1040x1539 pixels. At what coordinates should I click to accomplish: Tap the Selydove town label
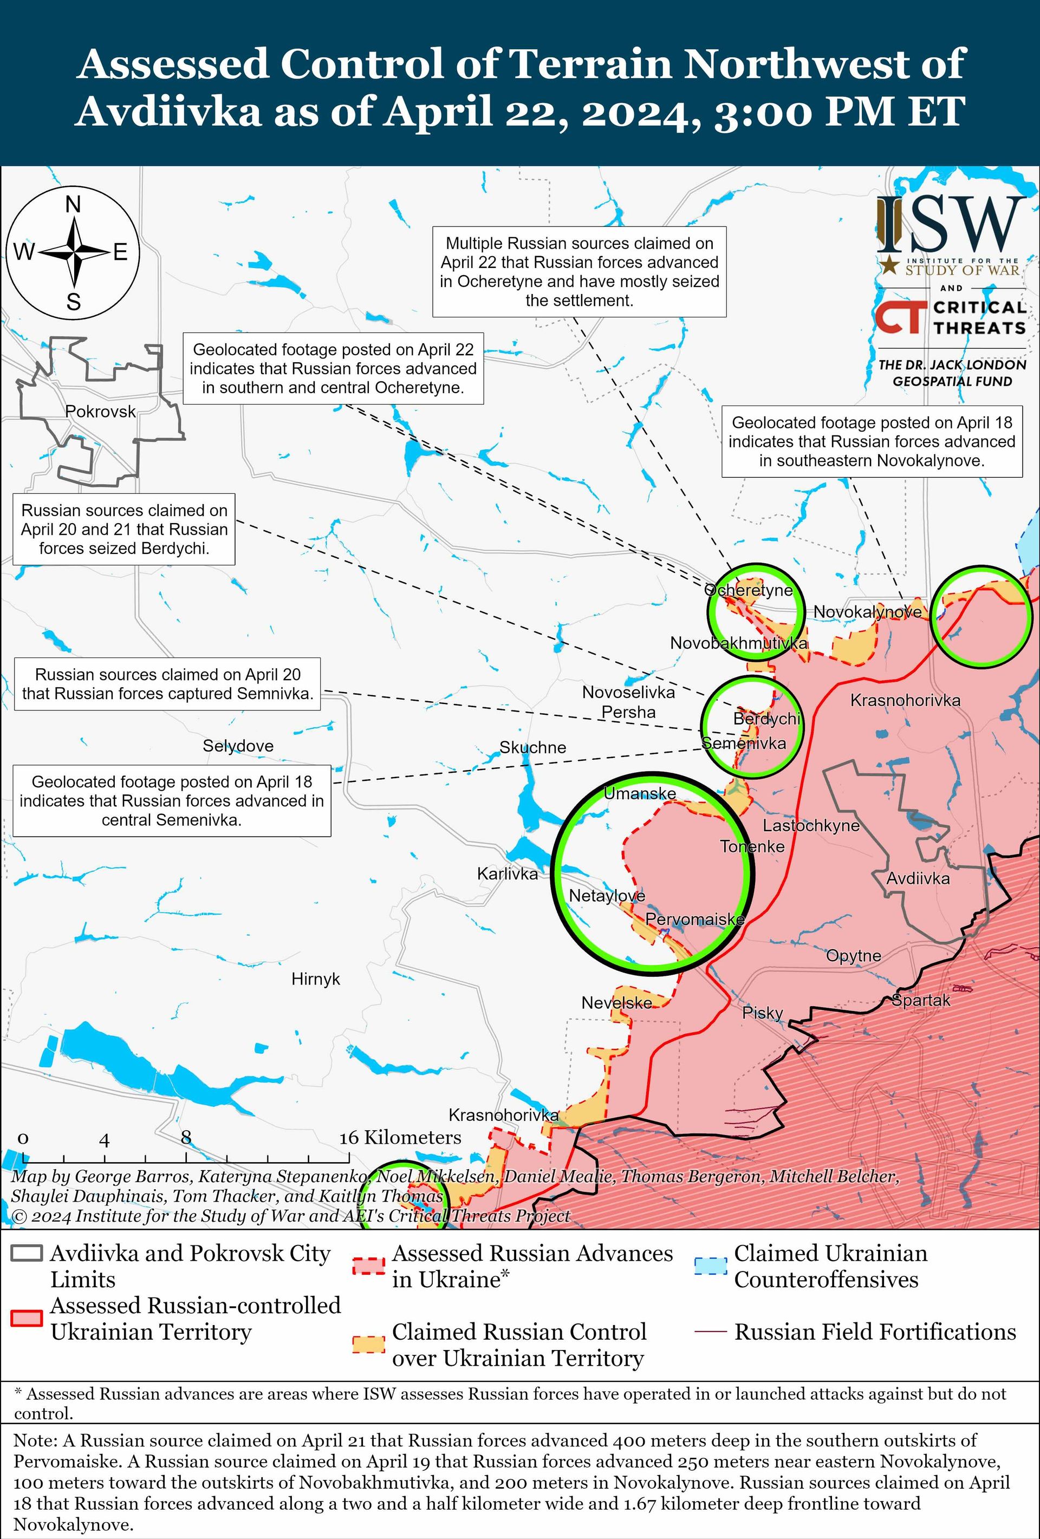tap(238, 746)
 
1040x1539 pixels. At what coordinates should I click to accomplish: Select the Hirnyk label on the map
tap(315, 979)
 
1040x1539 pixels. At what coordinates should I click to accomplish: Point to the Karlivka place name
tap(508, 873)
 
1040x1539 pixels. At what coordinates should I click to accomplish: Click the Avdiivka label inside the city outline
tap(918, 878)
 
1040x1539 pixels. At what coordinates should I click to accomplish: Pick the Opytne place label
tap(853, 956)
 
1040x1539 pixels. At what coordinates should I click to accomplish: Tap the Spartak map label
tap(921, 1000)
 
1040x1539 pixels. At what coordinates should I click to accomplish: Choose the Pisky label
tap(763, 1013)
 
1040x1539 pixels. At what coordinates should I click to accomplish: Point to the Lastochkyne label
tap(811, 825)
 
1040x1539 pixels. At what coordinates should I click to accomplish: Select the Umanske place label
tap(640, 793)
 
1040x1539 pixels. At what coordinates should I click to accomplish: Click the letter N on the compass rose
tap(74, 205)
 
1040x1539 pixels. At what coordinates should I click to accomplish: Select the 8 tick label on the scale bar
tap(186, 1138)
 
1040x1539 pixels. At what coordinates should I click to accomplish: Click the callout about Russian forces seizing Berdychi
tap(124, 529)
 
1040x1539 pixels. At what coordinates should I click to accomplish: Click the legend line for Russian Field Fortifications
tap(710, 1332)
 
